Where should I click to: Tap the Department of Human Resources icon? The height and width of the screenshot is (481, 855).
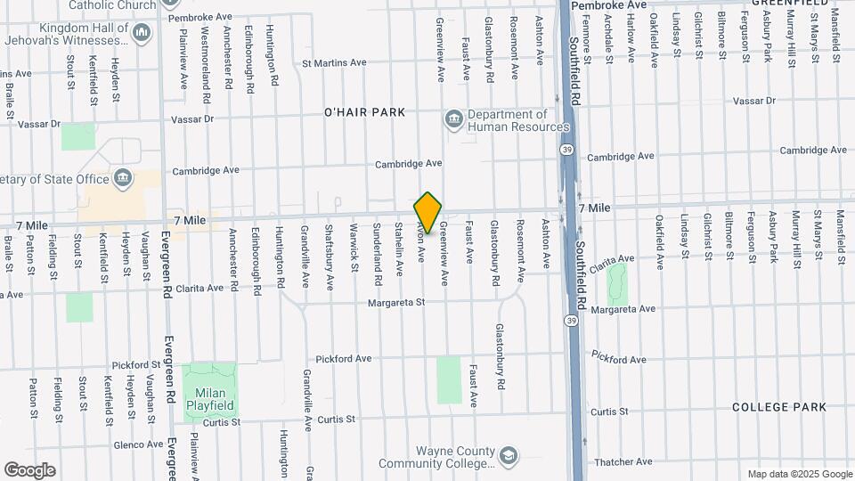(454, 119)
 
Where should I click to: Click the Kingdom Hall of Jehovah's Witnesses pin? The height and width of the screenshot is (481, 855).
(141, 33)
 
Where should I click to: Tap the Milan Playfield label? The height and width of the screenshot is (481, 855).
(206, 398)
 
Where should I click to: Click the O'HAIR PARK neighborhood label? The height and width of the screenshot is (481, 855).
(364, 112)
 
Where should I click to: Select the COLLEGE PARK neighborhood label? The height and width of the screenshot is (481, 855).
(779, 407)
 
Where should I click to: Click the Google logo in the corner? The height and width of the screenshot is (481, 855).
(29, 470)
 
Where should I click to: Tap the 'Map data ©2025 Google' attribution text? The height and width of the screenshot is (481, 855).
(799, 474)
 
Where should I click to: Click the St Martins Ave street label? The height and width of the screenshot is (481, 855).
(334, 63)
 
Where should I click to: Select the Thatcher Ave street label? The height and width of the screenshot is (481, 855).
(623, 461)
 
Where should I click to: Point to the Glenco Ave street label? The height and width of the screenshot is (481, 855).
(138, 444)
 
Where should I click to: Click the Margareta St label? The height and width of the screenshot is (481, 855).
(396, 303)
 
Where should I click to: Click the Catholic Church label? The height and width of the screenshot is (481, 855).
(112, 4)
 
